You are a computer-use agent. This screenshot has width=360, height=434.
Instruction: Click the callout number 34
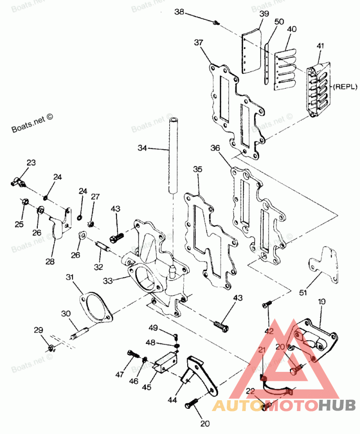[143, 148]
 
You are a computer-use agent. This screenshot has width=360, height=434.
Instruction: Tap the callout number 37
[199, 43]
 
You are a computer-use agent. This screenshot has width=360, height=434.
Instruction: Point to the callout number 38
[179, 13]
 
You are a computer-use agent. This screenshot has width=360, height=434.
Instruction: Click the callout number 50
[279, 22]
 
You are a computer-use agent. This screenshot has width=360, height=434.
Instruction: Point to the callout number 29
[38, 330]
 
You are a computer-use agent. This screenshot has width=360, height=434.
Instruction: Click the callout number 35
[198, 169]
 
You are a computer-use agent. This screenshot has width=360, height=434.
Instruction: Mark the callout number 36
[215, 148]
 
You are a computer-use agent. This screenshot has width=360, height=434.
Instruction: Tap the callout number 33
[107, 280]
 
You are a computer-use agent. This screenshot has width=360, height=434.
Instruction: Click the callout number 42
[269, 331]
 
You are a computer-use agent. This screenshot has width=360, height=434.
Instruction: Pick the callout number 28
[49, 261]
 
